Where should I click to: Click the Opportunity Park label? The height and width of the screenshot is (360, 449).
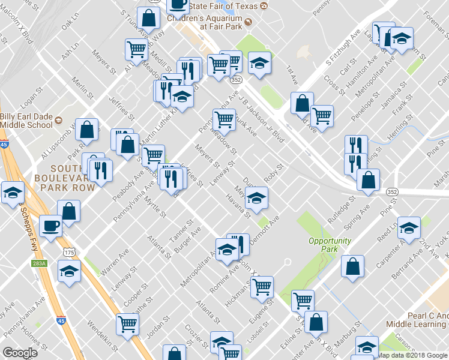tap(330, 245)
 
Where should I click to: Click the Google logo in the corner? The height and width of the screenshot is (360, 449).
tap(19, 353)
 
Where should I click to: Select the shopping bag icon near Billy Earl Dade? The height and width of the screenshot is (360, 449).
tap(88, 130)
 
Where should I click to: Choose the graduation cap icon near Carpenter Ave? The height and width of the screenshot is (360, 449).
tap(409, 229)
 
